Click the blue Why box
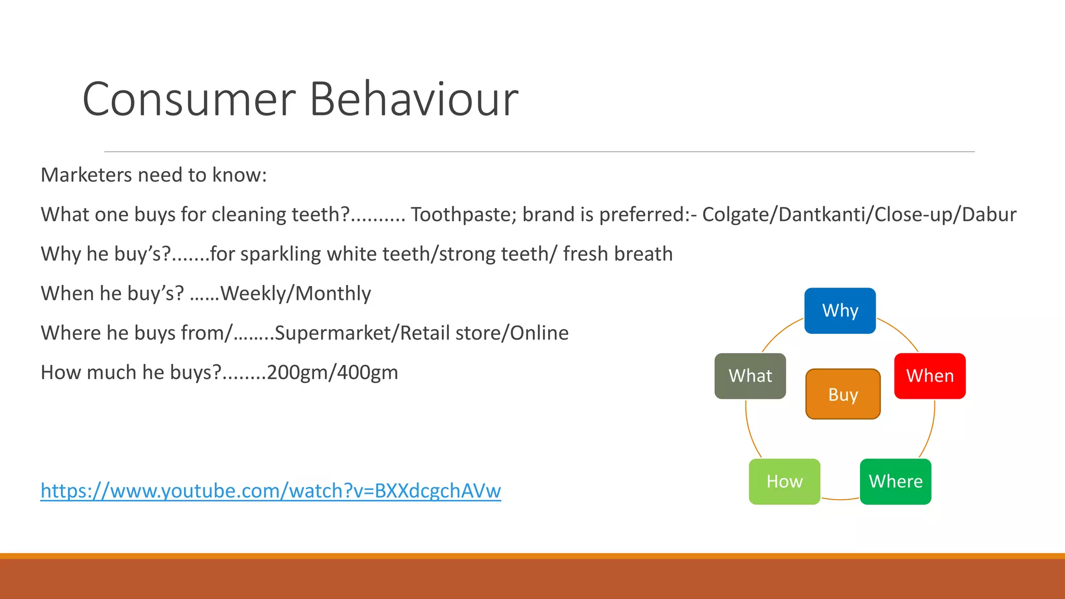coord(840,310)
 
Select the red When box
coord(930,376)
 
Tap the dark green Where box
coord(895,481)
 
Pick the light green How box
coord(784,481)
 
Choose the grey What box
coord(750,376)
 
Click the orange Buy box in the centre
coord(842,394)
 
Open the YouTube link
coord(270,490)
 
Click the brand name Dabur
coord(989,215)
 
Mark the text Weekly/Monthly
coord(295,294)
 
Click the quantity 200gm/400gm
coord(332,373)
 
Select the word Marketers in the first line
coord(86,175)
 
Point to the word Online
coord(539,333)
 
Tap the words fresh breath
coord(618,254)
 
